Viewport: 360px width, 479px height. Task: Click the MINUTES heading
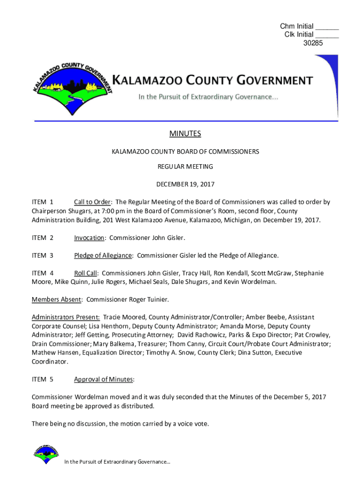point(185,134)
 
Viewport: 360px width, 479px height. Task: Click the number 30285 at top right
point(313,43)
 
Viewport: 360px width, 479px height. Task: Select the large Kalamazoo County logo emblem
point(73,89)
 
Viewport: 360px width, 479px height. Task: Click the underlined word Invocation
point(89,238)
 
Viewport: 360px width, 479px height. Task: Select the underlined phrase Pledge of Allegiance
point(103,255)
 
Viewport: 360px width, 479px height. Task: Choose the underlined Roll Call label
point(86,273)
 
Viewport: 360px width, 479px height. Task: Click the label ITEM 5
point(43,379)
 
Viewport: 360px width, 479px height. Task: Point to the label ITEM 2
point(43,238)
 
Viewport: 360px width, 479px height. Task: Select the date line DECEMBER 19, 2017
point(185,184)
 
